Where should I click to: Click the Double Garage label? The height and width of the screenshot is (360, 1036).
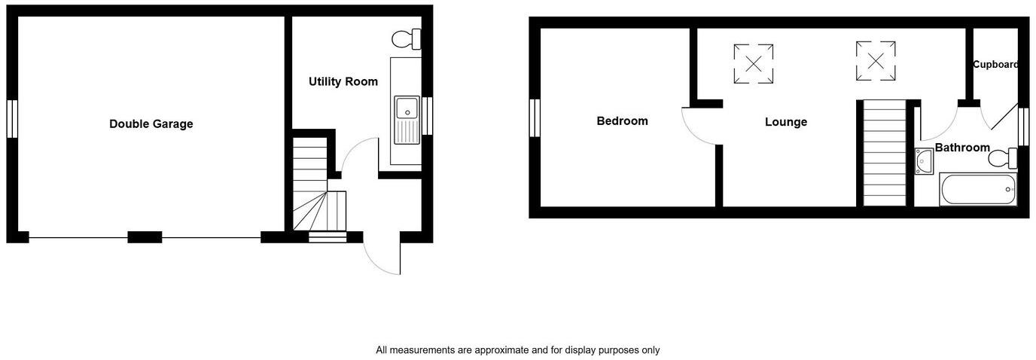[x=151, y=124]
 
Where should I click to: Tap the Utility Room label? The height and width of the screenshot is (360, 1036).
[x=343, y=81]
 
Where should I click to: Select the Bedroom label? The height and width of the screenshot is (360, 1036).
[x=622, y=121]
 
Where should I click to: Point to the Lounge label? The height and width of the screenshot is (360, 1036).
[x=785, y=122]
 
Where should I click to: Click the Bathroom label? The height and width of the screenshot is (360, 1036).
[x=961, y=148]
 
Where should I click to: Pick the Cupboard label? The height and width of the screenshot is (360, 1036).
[x=995, y=65]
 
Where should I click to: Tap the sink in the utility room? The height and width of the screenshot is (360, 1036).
[x=407, y=109]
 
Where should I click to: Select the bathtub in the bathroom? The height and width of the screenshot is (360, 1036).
[x=978, y=189]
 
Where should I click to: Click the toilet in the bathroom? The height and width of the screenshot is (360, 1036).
[x=1002, y=158]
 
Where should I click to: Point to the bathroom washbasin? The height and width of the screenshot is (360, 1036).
[x=925, y=161]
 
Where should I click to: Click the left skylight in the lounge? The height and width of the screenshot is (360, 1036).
[x=754, y=63]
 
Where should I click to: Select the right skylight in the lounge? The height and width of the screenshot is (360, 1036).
[x=876, y=61]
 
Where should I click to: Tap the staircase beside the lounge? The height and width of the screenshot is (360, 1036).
[x=884, y=153]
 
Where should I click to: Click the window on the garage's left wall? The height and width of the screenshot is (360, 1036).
[x=12, y=119]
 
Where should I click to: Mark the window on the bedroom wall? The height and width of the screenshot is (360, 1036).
[x=535, y=118]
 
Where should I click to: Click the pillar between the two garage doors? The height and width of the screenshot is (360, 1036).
[x=145, y=237]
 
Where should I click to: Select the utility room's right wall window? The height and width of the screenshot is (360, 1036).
[x=428, y=115]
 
